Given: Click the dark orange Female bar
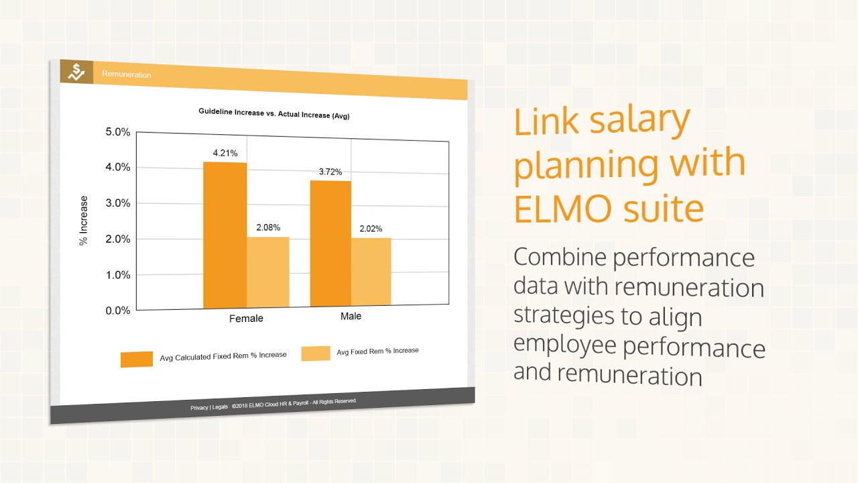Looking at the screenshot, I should (225, 235).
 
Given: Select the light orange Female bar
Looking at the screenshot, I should (268, 272).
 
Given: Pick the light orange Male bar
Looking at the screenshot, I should (371, 272).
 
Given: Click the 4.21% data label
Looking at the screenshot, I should (225, 153).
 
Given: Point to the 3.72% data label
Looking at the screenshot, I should (330, 172).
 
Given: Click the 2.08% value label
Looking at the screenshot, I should (268, 227).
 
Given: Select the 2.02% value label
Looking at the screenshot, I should (371, 229).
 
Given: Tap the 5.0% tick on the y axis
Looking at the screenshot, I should (118, 131).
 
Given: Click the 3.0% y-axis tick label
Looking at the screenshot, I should (118, 203).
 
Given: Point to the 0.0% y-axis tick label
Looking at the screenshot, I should (118, 311).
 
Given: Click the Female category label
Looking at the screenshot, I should (246, 318).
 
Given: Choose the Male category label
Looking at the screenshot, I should (351, 316).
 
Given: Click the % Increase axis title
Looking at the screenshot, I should (84, 221).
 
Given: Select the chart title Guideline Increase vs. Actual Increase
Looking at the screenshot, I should (273, 114).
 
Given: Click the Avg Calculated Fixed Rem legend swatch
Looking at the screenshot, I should (137, 359).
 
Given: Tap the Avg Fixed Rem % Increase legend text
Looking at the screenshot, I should (377, 351).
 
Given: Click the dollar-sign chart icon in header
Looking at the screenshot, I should (76, 72).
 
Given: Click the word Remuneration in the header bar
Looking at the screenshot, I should (127, 74).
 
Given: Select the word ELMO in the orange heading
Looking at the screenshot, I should (567, 209).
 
